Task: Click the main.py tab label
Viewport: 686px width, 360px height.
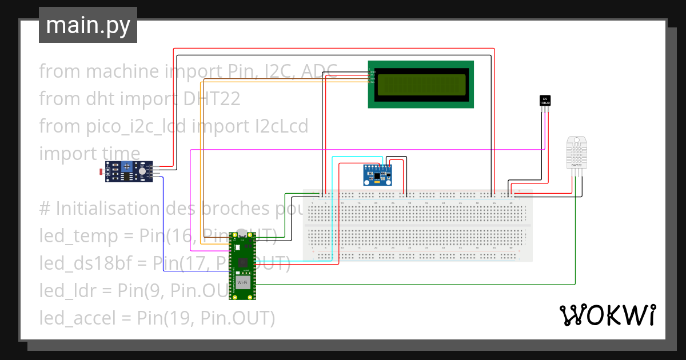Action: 87,25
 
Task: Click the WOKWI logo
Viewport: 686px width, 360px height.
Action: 607,315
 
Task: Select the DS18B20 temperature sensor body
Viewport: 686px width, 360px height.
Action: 545,100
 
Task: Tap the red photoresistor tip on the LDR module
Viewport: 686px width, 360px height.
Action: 101,171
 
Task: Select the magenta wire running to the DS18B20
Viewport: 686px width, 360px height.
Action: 366,150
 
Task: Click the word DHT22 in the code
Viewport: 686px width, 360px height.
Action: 212,99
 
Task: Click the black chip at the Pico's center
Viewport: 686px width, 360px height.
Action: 242,262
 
